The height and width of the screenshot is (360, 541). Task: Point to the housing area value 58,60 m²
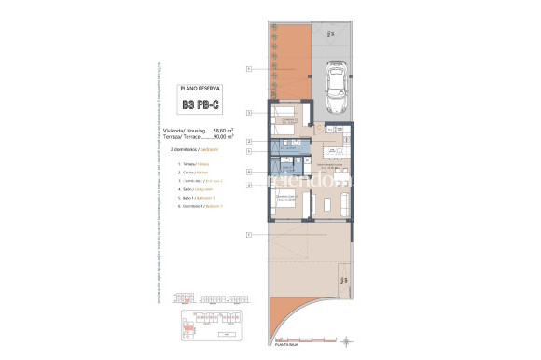(221, 131)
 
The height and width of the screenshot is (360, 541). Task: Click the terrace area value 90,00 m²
(221, 137)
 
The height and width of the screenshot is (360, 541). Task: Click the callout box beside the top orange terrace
(249, 68)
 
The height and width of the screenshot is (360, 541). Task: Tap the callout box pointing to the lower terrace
(249, 234)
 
